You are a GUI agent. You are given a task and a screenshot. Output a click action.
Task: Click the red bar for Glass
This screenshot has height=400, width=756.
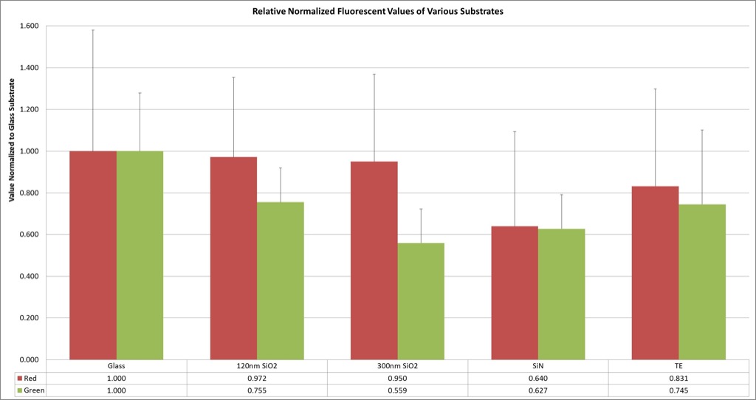tap(93, 255)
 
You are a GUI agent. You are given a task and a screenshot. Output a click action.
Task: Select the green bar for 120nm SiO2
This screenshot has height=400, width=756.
tap(280, 281)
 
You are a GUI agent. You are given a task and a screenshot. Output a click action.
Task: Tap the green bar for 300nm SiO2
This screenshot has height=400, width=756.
tap(421, 301)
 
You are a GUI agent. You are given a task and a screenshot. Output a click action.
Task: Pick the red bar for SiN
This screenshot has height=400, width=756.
tap(515, 293)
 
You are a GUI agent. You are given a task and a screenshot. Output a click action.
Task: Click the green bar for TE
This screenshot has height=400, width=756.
tap(702, 282)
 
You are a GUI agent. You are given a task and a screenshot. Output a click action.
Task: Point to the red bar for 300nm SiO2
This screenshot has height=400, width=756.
tap(374, 261)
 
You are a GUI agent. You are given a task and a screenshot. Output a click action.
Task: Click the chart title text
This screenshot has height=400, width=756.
tap(378, 12)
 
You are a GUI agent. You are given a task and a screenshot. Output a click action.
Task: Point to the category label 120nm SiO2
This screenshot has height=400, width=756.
tap(257, 366)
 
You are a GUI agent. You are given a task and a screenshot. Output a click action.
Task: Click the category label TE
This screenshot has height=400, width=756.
tap(679, 366)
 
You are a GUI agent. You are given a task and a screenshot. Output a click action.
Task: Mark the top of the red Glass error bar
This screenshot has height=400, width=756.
tap(93, 30)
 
